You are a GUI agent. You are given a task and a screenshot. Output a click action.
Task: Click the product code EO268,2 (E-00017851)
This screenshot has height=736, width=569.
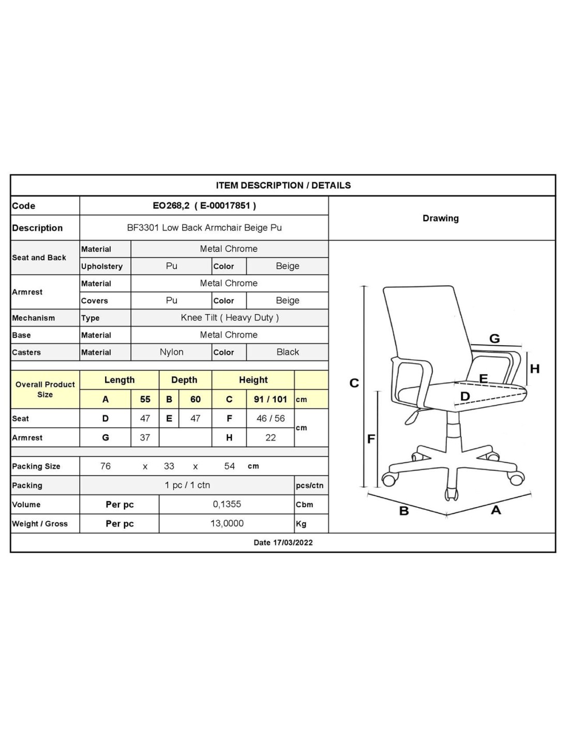[204, 205]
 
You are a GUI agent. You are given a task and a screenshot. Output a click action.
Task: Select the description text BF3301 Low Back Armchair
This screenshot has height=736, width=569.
[204, 228]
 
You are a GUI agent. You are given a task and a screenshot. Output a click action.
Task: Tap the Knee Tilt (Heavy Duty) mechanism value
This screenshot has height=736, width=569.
[230, 318]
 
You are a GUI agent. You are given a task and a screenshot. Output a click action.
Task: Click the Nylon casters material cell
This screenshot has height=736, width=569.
[171, 352]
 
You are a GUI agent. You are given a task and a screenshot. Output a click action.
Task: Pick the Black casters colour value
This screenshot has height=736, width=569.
[288, 352]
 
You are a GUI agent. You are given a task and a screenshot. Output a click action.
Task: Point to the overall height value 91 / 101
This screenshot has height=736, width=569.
[270, 399]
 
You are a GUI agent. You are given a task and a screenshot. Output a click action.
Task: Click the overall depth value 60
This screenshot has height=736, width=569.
[196, 399]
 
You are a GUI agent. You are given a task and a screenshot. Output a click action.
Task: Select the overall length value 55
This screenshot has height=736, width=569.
[145, 399]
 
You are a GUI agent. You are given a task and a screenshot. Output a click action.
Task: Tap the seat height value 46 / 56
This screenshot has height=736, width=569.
[271, 418]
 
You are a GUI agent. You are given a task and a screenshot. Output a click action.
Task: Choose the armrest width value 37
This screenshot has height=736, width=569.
[145, 437]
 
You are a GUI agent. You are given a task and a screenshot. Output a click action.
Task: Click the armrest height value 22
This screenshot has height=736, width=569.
[271, 437]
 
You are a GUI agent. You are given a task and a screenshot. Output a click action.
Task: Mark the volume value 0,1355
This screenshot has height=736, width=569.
[227, 504]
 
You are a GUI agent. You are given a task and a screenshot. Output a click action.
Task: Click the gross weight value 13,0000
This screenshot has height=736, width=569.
[227, 523]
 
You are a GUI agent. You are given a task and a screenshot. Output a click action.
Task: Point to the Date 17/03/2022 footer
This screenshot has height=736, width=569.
[283, 542]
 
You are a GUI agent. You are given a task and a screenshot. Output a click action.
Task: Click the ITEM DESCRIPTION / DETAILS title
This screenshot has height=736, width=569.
[283, 185]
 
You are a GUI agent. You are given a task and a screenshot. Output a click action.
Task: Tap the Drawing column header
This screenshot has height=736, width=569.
[441, 218]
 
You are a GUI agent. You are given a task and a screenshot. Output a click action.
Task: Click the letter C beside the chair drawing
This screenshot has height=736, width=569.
[354, 383]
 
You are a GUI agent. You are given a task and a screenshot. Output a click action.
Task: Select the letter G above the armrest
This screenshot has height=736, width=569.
[495, 338]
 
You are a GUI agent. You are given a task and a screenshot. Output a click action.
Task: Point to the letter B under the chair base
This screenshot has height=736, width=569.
[404, 511]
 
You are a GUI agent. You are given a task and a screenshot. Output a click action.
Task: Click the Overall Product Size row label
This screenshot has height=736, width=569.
[45, 389]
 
